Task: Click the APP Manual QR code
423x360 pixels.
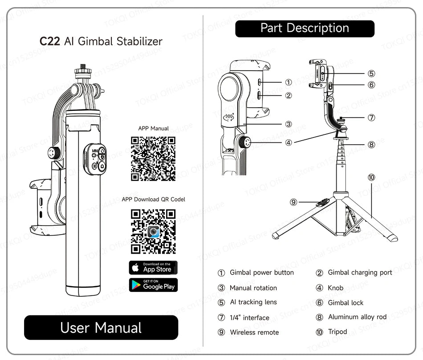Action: [153, 159]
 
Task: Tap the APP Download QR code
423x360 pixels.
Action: [153, 231]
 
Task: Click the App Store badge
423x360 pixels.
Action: [153, 267]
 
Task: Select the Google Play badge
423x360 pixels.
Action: [153, 285]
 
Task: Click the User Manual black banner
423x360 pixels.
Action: [101, 328]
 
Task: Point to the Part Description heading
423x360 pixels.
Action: [305, 28]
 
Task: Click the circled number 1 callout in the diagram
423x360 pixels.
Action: [289, 82]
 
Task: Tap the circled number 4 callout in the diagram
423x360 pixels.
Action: [289, 143]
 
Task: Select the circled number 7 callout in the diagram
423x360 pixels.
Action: [371, 118]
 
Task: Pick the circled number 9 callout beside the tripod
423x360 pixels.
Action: [293, 202]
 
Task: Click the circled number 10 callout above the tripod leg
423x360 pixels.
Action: [371, 178]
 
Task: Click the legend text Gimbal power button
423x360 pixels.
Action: [261, 272]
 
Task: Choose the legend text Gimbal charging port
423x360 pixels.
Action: [360, 272]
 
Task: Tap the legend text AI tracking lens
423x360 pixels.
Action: [253, 302]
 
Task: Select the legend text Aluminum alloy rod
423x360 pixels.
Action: [357, 317]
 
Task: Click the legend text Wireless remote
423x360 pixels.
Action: [254, 332]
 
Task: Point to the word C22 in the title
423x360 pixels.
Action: [49, 42]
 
